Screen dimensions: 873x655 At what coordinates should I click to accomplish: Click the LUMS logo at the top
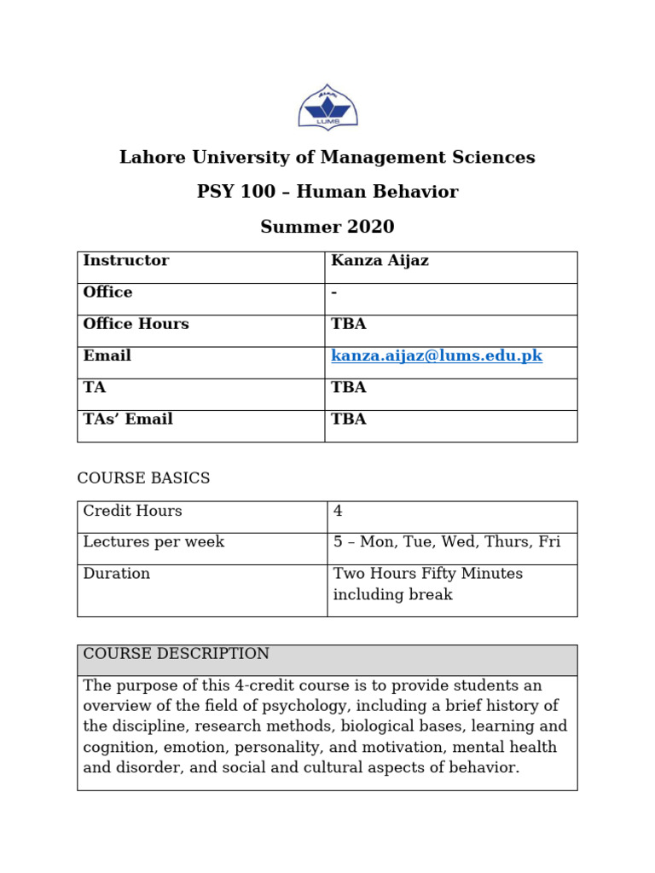pos(327,107)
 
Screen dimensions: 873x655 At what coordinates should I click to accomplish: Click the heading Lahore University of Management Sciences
pos(327,158)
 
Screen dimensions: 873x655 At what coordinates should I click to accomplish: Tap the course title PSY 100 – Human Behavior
pos(327,193)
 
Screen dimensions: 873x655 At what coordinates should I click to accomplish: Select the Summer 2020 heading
pos(327,228)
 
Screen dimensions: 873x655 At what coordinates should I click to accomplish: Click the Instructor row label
pos(125,261)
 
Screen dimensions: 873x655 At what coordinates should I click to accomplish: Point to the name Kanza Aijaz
pos(380,261)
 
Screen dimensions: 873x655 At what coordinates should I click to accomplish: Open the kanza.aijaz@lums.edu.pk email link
pos(437,356)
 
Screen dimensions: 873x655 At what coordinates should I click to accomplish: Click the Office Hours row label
pos(136,325)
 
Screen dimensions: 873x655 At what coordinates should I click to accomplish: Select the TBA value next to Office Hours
pos(348,325)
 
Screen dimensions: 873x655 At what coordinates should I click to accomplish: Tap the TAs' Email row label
pos(128,419)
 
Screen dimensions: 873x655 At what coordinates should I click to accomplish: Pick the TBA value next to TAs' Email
pos(348,419)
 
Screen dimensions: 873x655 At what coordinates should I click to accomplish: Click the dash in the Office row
pos(334,292)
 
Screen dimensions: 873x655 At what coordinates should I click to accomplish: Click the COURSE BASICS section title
pos(143,479)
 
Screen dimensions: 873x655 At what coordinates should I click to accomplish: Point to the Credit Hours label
pos(132,512)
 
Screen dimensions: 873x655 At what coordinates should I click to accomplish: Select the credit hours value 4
pos(338,512)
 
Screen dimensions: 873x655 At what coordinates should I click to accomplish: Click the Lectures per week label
pos(154,543)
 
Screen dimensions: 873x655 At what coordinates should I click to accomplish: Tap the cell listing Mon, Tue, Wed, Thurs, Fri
pos(447,543)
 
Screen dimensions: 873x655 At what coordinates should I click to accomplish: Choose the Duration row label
pos(116,575)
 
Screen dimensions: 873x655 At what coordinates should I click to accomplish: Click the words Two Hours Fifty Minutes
pos(428,575)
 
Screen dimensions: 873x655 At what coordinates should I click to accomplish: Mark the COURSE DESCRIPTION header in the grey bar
pos(176,655)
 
